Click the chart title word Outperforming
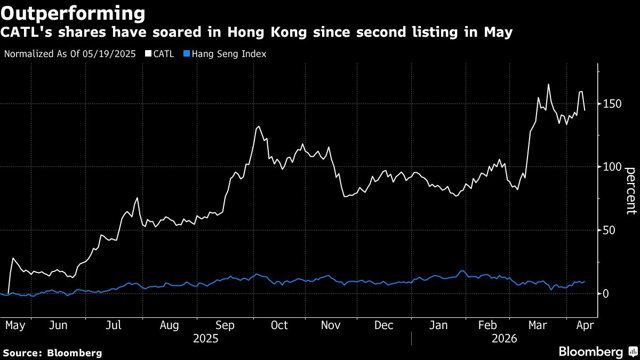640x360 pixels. point(73,12)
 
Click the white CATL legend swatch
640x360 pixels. point(148,54)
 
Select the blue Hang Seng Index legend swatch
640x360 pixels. point(186,54)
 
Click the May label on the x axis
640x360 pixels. point(15,325)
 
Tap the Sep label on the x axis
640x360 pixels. point(225,325)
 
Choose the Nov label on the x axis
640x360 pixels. point(331,325)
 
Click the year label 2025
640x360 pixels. point(205,338)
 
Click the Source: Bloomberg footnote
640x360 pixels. point(52,353)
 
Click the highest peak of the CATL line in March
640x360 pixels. point(548,84)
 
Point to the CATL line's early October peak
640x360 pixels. point(259,126)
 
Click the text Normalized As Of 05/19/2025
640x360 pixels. point(70,54)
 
